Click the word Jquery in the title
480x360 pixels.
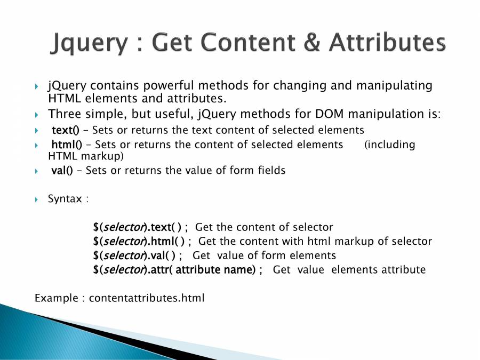tap(89, 43)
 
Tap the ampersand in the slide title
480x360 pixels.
tap(312, 42)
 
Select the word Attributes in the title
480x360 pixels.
tap(388, 42)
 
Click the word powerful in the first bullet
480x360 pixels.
tap(169, 85)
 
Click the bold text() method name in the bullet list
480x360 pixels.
tap(66, 130)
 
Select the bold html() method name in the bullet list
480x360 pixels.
tap(67, 144)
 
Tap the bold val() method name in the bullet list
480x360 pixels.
tap(62, 170)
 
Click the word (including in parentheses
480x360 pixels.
tap(390, 145)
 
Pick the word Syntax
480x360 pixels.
tap(65, 199)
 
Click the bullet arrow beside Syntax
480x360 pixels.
tap(36, 200)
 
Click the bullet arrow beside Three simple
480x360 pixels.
tap(36, 115)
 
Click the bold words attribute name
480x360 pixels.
tap(215, 270)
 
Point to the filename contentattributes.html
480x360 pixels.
tap(147, 298)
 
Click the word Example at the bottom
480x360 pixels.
tap(57, 298)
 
